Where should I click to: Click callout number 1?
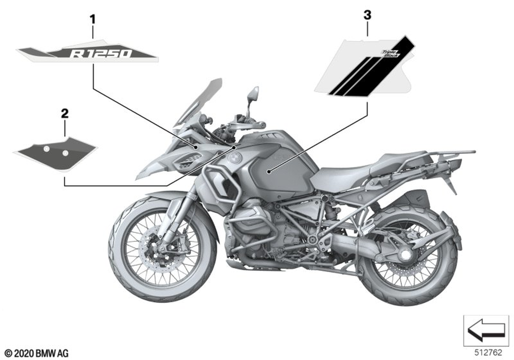tap(93, 20)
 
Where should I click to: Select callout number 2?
tap(64, 113)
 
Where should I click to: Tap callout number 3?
tap(367, 15)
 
